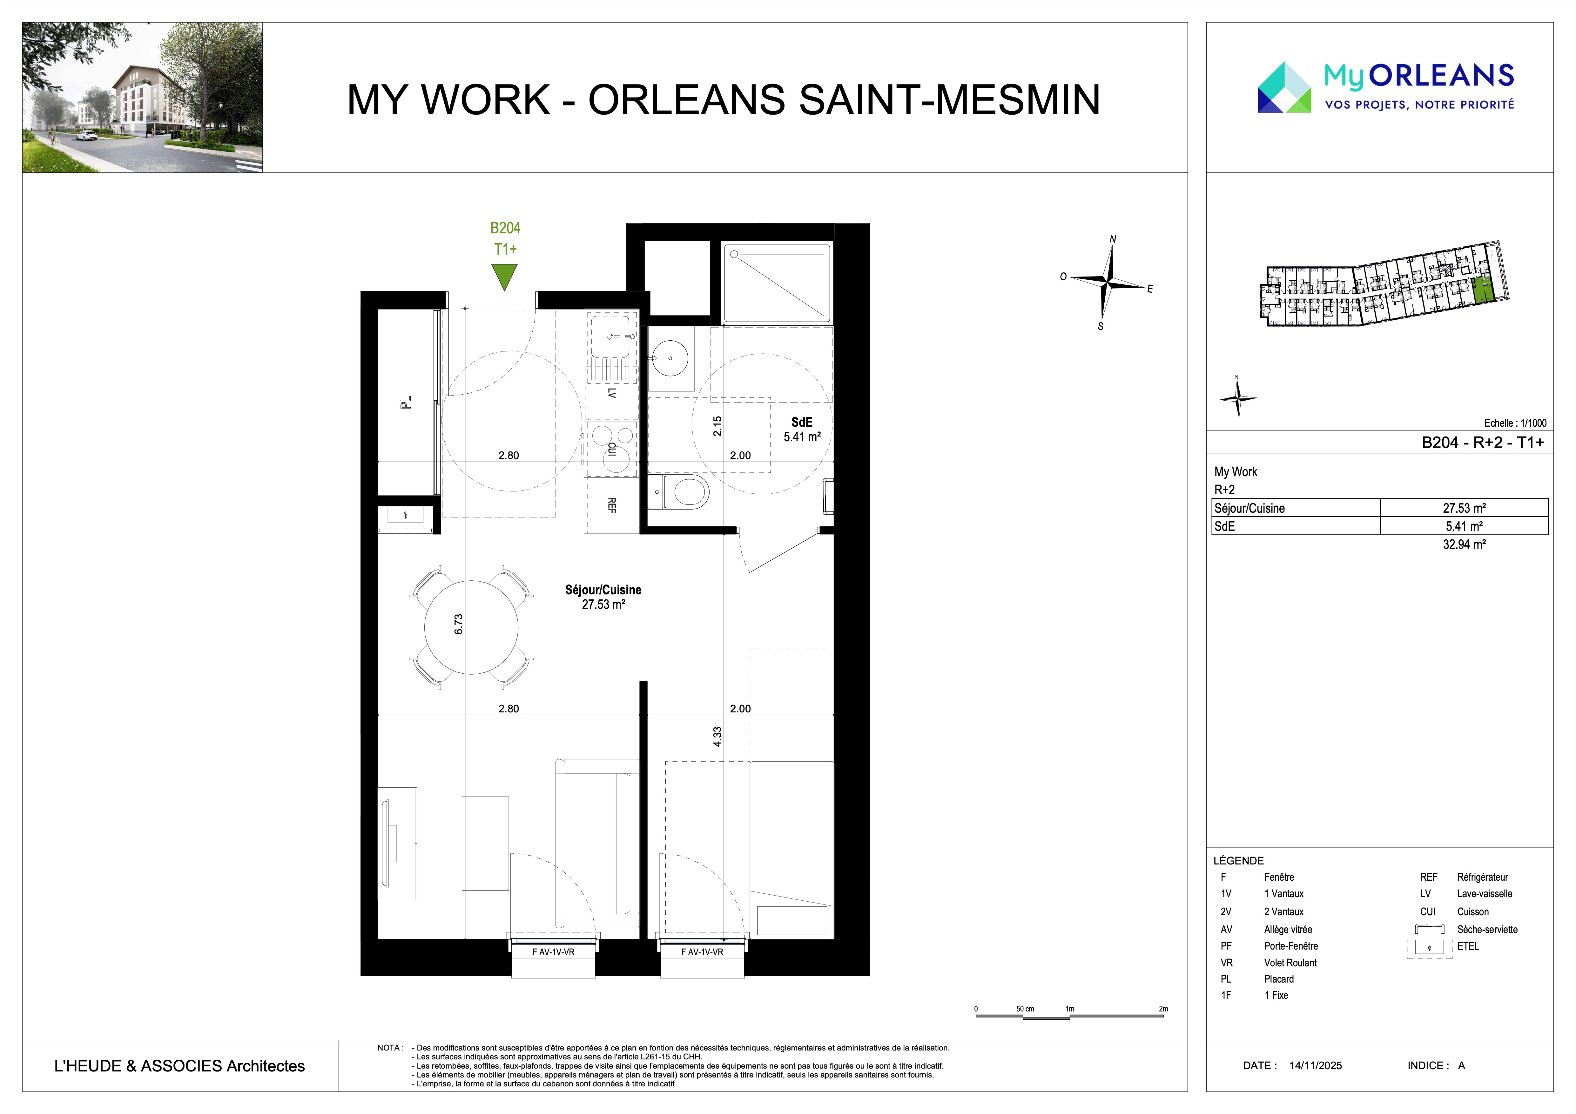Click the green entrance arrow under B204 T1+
[x=504, y=277]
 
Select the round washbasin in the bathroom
[x=666, y=357]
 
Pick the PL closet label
[x=406, y=402]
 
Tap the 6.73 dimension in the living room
[x=459, y=624]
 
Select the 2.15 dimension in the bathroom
[x=717, y=427]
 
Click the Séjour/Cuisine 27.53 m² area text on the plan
[x=603, y=597]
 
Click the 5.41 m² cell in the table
[x=1464, y=526]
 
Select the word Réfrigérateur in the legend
[x=1483, y=877]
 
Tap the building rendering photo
[x=143, y=97]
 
